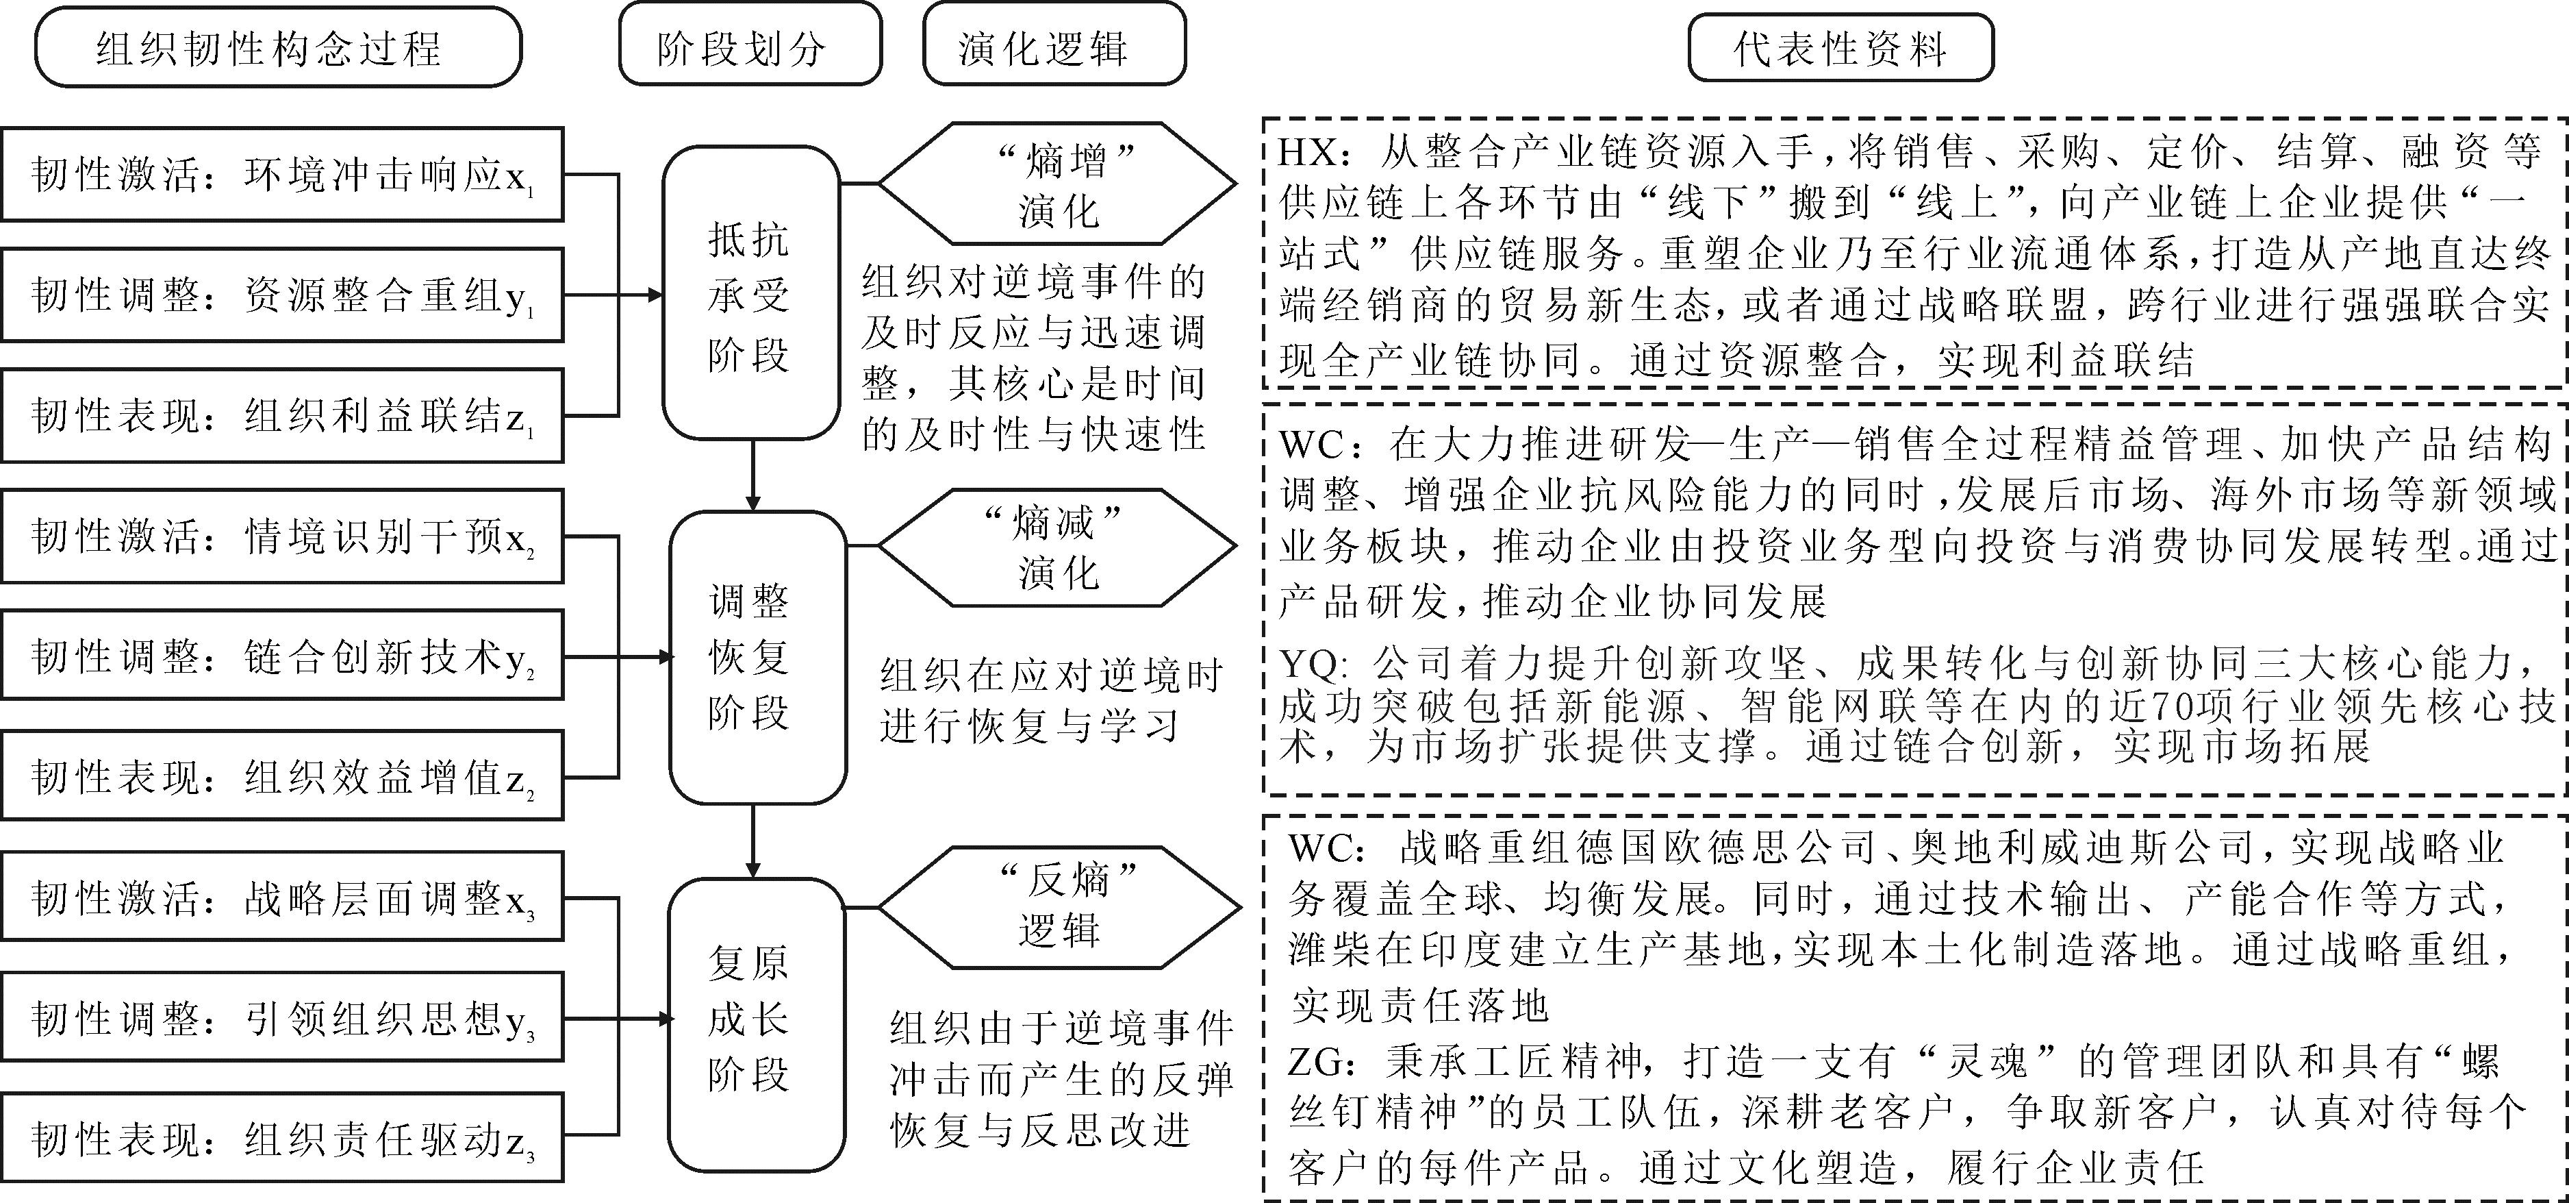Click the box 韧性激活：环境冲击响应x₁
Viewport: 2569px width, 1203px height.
click(x=282, y=175)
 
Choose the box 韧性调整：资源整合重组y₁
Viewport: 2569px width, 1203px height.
click(x=282, y=295)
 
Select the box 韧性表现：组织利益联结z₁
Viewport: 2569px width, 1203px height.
click(x=282, y=416)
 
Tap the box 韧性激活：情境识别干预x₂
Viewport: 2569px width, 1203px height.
click(x=282, y=536)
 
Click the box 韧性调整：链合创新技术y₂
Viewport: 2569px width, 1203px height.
click(x=282, y=656)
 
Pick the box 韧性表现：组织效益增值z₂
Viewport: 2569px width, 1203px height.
click(x=282, y=777)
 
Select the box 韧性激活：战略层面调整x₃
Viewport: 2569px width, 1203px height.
click(x=282, y=897)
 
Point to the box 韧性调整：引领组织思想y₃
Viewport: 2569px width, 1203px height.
click(x=282, y=1017)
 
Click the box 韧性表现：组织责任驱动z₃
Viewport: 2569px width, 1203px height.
click(x=282, y=1138)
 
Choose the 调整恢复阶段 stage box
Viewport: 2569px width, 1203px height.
click(x=756, y=656)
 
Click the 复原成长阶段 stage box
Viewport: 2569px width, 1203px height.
click(x=756, y=1019)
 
